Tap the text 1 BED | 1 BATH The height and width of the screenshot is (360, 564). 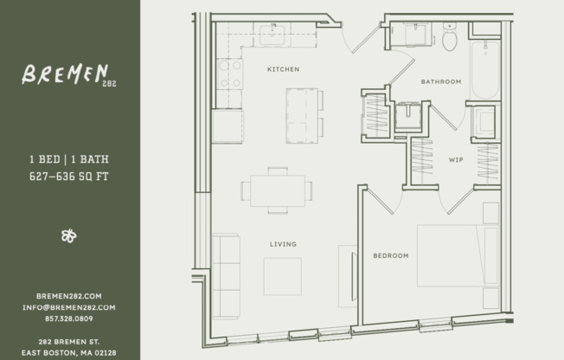point(68,160)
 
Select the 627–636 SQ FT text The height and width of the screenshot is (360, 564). point(68,177)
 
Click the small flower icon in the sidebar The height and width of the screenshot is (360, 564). point(68,235)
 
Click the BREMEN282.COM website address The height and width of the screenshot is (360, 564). point(68,296)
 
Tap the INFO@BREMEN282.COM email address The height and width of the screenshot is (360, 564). point(68,307)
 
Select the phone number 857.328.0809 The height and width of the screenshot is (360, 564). point(68,318)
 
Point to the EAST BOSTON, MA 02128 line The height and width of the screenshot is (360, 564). point(68,352)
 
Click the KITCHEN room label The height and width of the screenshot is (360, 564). point(283,68)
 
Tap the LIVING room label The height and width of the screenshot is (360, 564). point(283,244)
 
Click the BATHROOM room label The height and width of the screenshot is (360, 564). point(441,81)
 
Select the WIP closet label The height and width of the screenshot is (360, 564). point(456,160)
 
